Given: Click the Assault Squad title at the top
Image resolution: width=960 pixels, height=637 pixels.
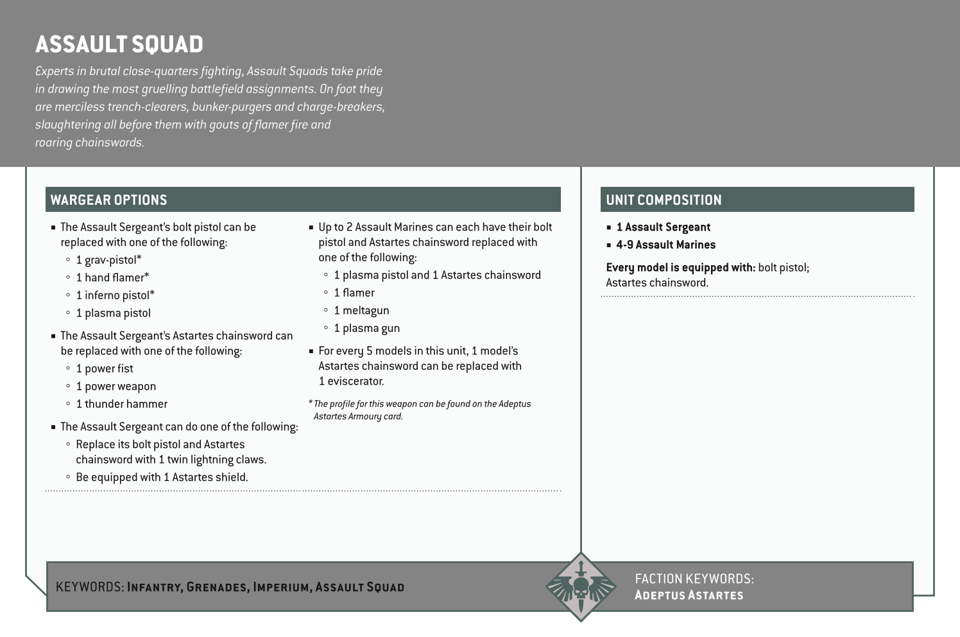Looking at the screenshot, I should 119,44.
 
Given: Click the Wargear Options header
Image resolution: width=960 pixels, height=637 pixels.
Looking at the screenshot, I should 108,200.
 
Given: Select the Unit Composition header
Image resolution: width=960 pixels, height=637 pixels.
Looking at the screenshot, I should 664,200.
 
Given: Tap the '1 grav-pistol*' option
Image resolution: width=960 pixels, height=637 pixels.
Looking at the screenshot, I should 108,260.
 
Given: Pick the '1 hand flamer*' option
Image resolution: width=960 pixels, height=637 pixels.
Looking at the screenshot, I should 112,277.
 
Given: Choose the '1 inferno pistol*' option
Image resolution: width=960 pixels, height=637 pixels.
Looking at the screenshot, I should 115,295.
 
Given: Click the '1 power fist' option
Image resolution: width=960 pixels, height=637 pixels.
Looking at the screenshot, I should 105,369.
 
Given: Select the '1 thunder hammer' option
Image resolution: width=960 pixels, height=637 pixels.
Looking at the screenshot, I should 121,404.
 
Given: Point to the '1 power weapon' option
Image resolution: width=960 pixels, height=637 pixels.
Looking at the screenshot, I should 116,387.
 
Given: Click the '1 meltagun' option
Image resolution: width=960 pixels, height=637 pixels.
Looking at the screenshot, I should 361,311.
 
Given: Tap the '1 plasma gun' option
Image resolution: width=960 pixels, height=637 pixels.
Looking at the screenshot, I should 366,328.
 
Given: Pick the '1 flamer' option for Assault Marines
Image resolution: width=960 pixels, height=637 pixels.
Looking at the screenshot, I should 354,293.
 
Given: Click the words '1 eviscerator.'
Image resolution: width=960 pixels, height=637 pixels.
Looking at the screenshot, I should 351,381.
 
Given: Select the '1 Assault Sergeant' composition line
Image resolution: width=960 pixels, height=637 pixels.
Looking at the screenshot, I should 663,227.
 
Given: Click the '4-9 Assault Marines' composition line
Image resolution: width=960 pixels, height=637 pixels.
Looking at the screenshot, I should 665,245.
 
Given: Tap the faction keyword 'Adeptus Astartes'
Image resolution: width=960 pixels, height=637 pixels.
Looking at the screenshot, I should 689,595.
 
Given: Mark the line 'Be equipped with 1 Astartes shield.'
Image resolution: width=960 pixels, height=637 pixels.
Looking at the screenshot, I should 162,477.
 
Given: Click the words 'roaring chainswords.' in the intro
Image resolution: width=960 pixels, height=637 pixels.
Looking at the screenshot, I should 90,143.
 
